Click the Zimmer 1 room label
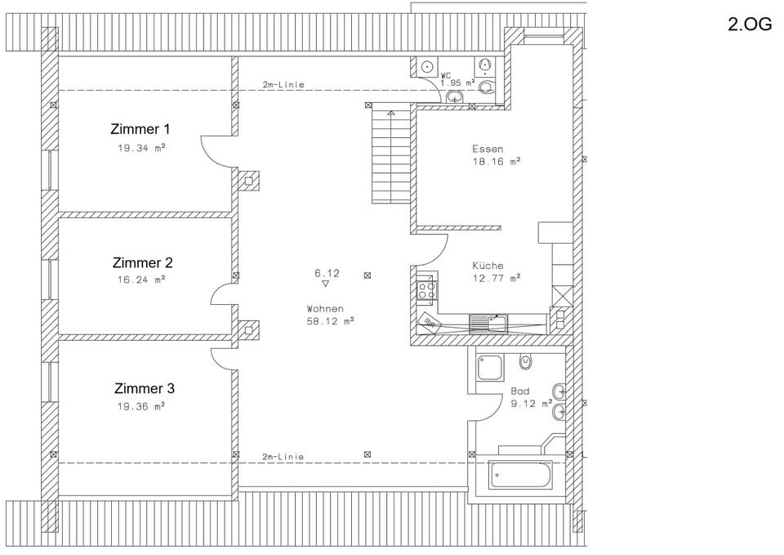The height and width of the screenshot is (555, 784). coord(140,129)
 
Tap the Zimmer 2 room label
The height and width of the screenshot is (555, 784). coord(142,262)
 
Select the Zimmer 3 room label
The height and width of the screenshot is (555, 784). coord(145,388)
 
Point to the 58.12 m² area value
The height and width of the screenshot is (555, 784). coord(331,321)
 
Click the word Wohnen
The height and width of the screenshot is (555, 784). coord(325,309)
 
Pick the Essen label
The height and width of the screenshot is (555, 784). coord(488,149)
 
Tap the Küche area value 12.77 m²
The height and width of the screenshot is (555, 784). coord(497,278)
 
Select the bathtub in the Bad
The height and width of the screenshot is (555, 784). coord(520,474)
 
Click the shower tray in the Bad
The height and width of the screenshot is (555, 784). coord(489,368)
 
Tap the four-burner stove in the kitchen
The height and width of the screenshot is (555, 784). coord(427,290)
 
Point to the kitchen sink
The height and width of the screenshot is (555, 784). coord(488,324)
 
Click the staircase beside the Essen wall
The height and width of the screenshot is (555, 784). coord(391,157)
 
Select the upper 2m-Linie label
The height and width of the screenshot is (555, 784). coord(283,85)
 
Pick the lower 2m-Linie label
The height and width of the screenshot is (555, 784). coord(283,457)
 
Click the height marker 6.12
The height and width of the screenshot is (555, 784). coord(327,273)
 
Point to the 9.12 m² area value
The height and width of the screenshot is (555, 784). coord(531,403)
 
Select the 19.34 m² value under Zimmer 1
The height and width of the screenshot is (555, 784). coord(141,148)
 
